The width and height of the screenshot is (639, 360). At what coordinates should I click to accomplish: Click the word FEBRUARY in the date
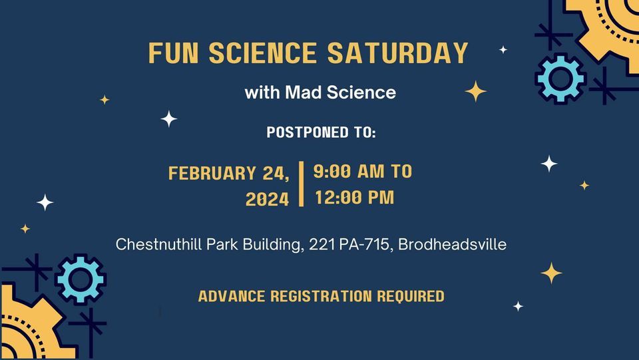(x=212, y=174)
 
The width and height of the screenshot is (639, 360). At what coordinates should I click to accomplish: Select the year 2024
(x=268, y=199)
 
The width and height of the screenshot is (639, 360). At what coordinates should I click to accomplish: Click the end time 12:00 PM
(x=354, y=198)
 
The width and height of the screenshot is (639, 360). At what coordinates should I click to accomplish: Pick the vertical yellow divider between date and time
(x=302, y=184)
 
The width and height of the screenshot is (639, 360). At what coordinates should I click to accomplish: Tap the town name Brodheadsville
(x=453, y=245)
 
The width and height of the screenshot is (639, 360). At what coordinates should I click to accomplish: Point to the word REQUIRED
(x=411, y=296)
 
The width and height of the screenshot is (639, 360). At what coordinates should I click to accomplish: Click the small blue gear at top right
(x=560, y=79)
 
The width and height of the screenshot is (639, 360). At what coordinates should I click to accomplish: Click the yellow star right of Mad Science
(x=475, y=91)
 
